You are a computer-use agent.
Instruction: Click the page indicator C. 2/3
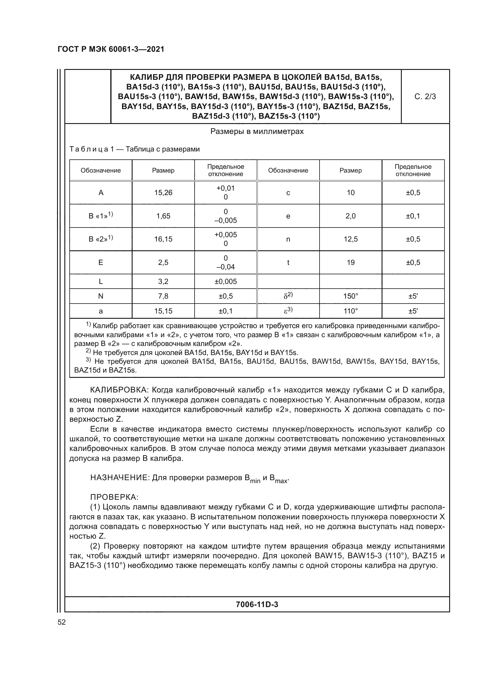(x=425, y=97)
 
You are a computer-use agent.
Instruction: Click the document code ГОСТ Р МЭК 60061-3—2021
(x=111, y=49)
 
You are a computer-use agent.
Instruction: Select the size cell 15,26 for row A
(x=163, y=193)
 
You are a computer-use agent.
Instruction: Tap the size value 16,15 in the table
(x=163, y=239)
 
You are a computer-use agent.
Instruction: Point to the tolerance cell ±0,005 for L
(x=226, y=282)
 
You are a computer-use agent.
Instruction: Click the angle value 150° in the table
(x=351, y=296)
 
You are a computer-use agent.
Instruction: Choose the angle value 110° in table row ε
(x=351, y=311)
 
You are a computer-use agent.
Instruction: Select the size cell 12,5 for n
(x=351, y=239)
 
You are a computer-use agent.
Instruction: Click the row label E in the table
(x=101, y=262)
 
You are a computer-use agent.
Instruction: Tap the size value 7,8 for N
(x=163, y=296)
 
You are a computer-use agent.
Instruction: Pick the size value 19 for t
(x=351, y=262)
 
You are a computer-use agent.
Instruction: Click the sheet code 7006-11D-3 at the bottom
(x=257, y=604)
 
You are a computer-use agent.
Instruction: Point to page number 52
(x=62, y=622)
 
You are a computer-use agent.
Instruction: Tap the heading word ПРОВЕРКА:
(x=114, y=497)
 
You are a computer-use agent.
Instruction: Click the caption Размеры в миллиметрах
(x=257, y=131)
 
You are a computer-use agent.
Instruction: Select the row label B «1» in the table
(x=101, y=216)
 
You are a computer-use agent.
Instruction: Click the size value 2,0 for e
(x=351, y=216)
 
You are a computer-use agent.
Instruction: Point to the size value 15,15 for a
(x=163, y=311)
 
